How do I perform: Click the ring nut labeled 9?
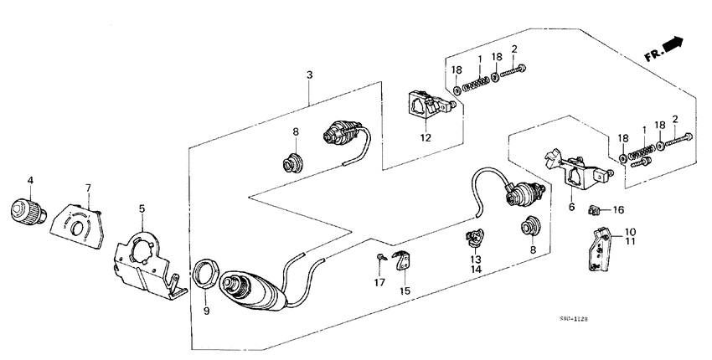pyautogui.click(x=204, y=274)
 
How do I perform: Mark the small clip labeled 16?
pyautogui.click(x=595, y=209)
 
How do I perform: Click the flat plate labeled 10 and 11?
pyautogui.click(x=601, y=249)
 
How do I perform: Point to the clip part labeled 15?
pyautogui.click(x=402, y=261)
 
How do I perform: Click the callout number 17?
pyautogui.click(x=379, y=282)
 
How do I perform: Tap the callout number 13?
pyautogui.click(x=477, y=259)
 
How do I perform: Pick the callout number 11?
pyautogui.click(x=630, y=242)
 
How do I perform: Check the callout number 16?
pyautogui.click(x=618, y=210)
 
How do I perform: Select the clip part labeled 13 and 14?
pyautogui.click(x=475, y=239)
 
